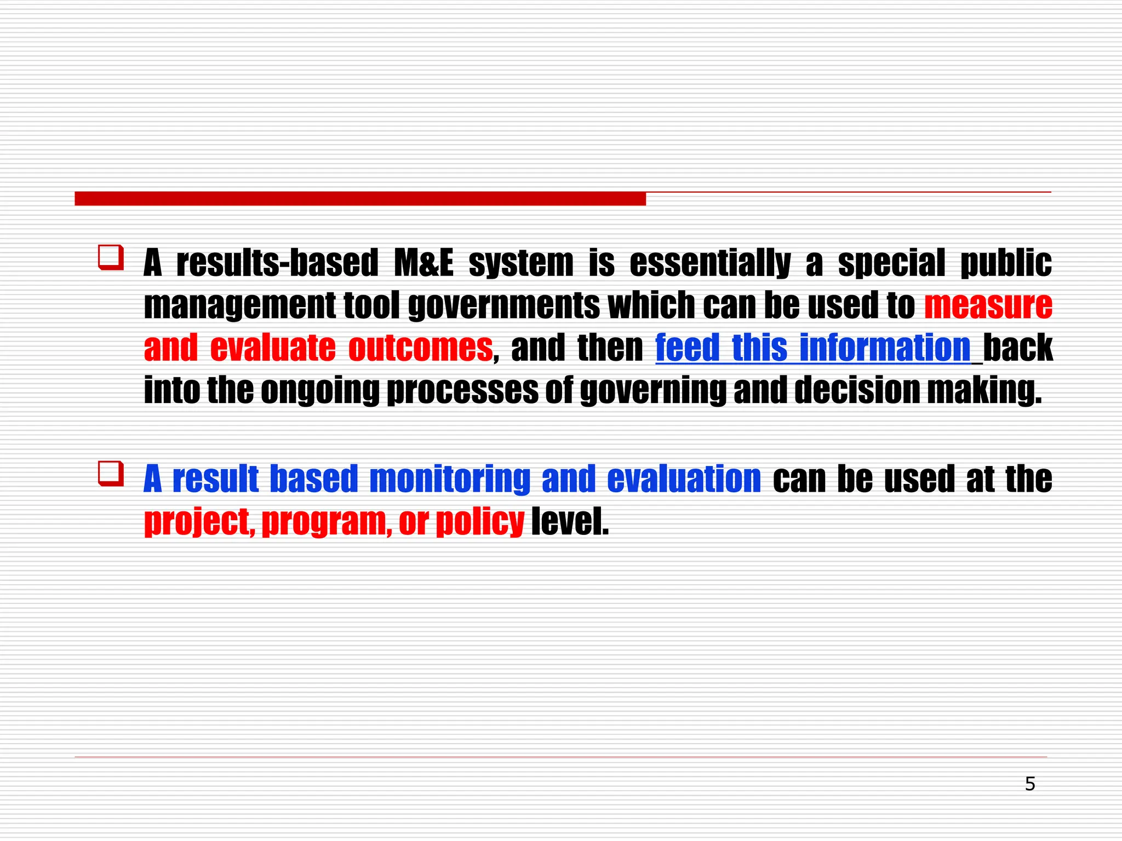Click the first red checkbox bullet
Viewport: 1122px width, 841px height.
click(x=111, y=257)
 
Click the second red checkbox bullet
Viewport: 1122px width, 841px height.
click(x=111, y=474)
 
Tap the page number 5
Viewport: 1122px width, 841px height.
click(x=1030, y=784)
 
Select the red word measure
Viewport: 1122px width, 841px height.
click(x=988, y=305)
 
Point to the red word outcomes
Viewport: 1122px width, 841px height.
click(x=420, y=348)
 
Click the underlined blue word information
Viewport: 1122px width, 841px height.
click(x=885, y=348)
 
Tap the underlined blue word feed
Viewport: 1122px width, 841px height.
click(x=687, y=348)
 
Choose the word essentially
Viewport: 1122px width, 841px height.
click(x=710, y=263)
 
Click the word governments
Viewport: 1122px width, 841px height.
click(x=504, y=305)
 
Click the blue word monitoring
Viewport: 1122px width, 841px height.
click(x=450, y=479)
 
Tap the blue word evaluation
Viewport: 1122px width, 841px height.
click(x=684, y=479)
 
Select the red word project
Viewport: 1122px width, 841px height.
click(x=199, y=522)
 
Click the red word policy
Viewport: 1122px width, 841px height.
click(x=480, y=522)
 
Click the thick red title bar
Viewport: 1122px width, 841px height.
click(x=360, y=199)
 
